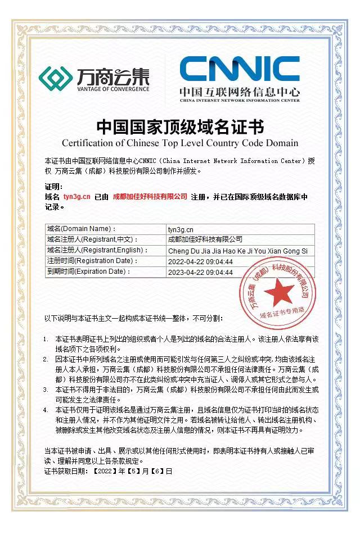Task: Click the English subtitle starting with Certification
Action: tap(180, 143)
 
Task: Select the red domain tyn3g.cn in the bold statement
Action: tap(77, 197)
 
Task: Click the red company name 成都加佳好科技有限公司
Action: tap(150, 197)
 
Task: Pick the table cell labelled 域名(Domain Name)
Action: tap(82, 229)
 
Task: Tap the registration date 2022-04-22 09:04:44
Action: tap(200, 261)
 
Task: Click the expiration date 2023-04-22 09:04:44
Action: tap(200, 272)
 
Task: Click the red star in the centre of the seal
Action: tap(276, 291)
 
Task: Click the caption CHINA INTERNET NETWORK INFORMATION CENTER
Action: tap(240, 100)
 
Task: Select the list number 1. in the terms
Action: tap(47, 340)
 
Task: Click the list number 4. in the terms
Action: tap(47, 410)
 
